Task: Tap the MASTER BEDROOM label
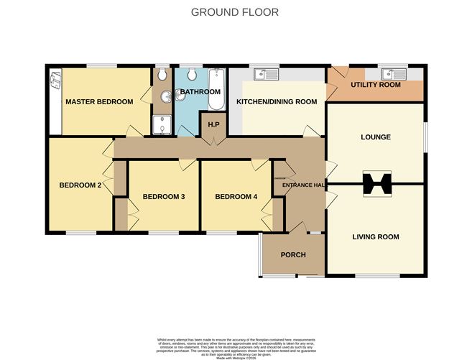pyautogui.click(x=99, y=102)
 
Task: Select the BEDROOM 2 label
pyautogui.click(x=79, y=185)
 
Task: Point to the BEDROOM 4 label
pyautogui.click(x=236, y=197)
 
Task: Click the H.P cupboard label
pyautogui.click(x=213, y=125)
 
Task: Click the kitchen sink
pyautogui.click(x=267, y=74)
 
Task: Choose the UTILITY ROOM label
pyautogui.click(x=375, y=86)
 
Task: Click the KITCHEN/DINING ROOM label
pyautogui.click(x=277, y=102)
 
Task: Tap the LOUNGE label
pyautogui.click(x=375, y=137)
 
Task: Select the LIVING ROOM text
pyautogui.click(x=375, y=236)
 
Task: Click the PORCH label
pyautogui.click(x=293, y=255)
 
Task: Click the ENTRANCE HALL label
pyautogui.click(x=301, y=185)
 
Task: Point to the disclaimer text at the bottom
pyautogui.click(x=236, y=344)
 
